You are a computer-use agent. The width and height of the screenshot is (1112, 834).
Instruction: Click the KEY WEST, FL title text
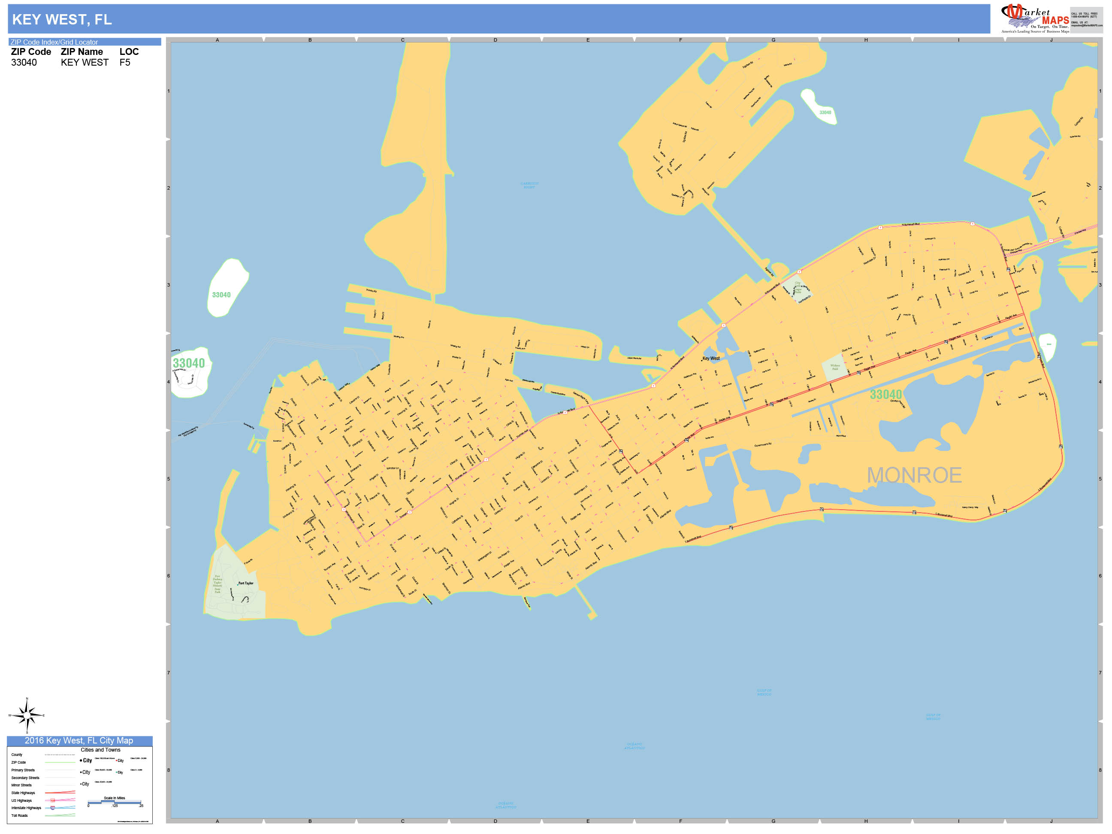[62, 20]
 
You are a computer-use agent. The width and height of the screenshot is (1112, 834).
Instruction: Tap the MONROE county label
[914, 475]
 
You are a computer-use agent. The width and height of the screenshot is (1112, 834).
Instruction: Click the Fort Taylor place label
[246, 583]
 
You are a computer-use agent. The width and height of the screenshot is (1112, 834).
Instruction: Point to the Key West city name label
[711, 358]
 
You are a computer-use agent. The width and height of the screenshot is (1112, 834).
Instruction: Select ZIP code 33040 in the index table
[24, 62]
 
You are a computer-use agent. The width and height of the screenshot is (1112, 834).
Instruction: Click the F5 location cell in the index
[125, 62]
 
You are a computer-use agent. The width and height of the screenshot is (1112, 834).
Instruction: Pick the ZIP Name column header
[82, 52]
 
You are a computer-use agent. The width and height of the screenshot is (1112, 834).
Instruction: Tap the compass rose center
[27, 715]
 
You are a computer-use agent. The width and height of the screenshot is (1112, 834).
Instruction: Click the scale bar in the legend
[115, 802]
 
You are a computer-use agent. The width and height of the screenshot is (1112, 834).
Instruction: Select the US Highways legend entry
[21, 800]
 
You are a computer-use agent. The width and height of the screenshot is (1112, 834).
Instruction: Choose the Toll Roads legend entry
[20, 816]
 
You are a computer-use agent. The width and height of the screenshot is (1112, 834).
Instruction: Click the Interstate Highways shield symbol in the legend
[53, 808]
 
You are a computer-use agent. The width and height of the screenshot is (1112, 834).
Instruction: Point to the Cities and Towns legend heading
[100, 749]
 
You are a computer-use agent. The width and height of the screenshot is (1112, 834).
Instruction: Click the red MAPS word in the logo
[1055, 21]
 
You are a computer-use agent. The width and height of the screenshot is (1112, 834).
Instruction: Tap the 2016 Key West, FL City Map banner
[79, 740]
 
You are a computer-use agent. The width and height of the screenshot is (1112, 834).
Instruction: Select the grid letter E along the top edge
[588, 40]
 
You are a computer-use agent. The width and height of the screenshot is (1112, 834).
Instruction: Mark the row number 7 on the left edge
[169, 673]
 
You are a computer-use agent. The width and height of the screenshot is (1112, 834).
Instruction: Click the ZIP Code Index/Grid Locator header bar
[84, 42]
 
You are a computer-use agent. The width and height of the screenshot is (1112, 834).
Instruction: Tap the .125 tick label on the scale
[115, 806]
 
